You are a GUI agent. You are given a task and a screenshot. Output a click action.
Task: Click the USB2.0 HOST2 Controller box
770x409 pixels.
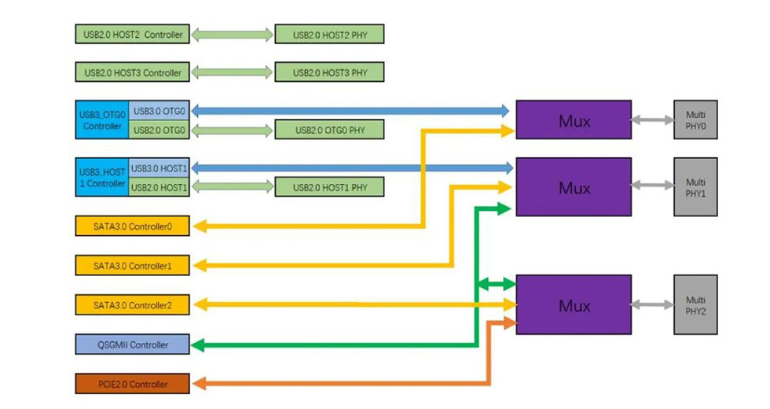[x=132, y=35]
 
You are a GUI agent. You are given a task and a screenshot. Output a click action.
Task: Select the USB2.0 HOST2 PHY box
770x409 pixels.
[x=329, y=35]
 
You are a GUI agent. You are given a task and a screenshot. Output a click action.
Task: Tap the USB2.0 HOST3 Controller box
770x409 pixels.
[x=132, y=73]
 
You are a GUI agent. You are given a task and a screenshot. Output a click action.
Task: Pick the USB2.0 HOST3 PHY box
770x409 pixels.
[x=329, y=73]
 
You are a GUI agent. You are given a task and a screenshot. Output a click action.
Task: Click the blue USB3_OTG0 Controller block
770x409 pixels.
[x=102, y=120]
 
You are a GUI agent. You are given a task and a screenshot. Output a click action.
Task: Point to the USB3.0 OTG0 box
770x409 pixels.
[x=159, y=111]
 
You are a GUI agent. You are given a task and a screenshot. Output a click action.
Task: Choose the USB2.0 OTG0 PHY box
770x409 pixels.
[x=329, y=130]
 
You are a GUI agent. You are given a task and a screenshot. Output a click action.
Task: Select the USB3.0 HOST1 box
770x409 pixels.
[x=159, y=168]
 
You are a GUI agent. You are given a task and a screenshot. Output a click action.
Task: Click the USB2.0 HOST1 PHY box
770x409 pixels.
[x=329, y=187]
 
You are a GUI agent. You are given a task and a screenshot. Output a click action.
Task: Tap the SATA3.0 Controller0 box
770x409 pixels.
[x=132, y=227]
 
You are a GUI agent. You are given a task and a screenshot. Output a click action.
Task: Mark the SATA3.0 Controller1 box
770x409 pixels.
[x=132, y=266]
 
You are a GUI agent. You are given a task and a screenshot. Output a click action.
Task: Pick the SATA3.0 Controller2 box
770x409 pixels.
[x=132, y=304]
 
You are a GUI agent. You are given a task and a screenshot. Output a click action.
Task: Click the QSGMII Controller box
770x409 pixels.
[x=132, y=344]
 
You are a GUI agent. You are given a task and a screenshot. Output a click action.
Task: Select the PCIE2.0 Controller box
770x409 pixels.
[x=132, y=384]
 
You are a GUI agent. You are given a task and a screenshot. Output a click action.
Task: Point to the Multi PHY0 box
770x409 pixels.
[x=695, y=120]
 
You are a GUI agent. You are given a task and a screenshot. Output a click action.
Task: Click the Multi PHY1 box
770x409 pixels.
[x=695, y=187]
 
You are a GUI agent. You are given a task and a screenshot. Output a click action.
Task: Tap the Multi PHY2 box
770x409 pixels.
[x=695, y=304]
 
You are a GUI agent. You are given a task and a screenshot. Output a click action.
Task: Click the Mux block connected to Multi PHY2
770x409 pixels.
[x=574, y=304]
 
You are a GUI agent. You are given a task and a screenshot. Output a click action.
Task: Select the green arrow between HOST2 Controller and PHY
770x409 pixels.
[x=232, y=35]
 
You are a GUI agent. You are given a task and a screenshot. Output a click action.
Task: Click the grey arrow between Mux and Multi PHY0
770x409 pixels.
[x=652, y=120]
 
